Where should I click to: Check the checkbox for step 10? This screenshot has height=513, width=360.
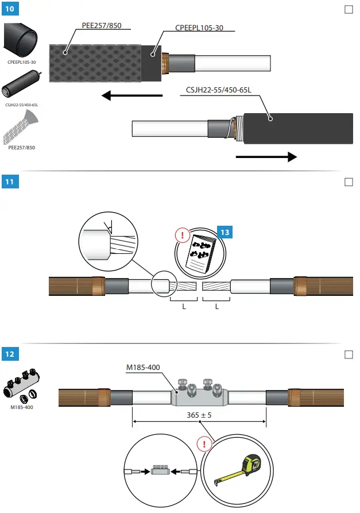(348, 10)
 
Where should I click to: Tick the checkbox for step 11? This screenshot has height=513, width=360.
(348, 182)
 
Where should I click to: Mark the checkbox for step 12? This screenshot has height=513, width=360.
(348, 354)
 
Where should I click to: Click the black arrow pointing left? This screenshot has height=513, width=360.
(131, 95)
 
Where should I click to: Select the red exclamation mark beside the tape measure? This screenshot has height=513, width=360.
(203, 443)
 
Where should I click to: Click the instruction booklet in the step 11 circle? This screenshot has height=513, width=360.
(200, 252)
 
